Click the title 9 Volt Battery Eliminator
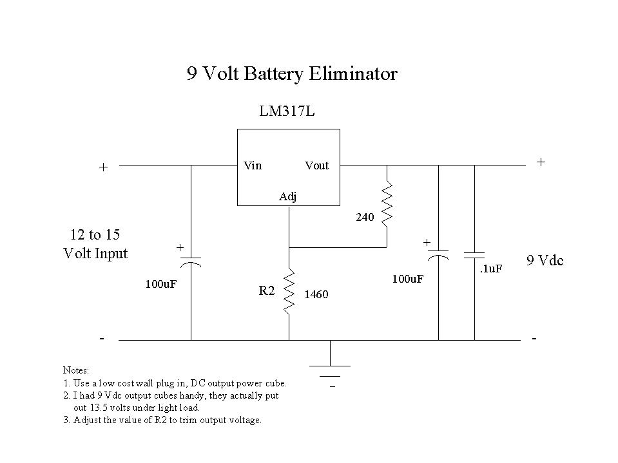click(292, 74)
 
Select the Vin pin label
click(253, 165)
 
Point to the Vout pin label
click(316, 165)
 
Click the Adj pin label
click(288, 196)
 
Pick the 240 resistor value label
click(365, 218)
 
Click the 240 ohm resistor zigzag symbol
click(387, 204)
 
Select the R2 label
click(267, 291)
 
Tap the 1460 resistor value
click(316, 295)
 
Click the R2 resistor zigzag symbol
click(289, 291)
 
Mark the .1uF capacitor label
click(490, 269)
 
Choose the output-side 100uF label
click(408, 279)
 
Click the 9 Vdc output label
click(545, 261)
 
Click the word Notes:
click(76, 370)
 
